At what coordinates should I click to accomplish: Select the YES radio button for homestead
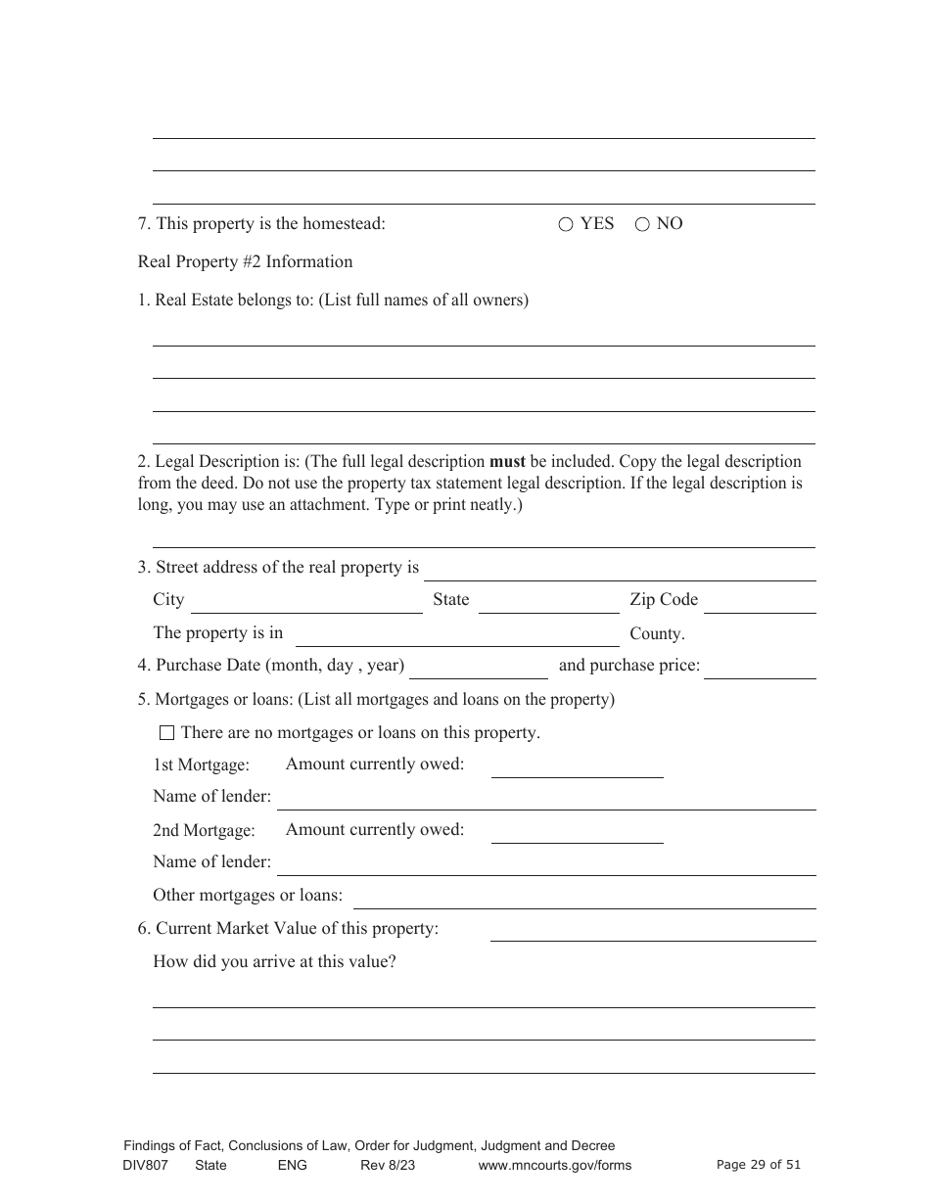[x=566, y=224]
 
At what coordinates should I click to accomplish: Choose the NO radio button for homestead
[x=642, y=224]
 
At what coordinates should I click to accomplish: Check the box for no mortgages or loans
[x=166, y=733]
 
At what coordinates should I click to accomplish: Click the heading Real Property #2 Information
[x=245, y=261]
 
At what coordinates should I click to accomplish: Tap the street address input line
[x=619, y=571]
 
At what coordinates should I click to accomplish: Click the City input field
[x=305, y=603]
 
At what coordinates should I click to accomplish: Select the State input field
[x=548, y=603]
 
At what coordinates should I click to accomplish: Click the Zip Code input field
[x=759, y=603]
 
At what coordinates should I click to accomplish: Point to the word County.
[x=656, y=633]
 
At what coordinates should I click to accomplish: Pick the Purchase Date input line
[x=479, y=669]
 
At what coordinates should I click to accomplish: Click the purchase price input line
[x=760, y=669]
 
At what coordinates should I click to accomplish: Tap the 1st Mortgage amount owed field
[x=577, y=767]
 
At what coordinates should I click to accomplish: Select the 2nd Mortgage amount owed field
[x=577, y=833]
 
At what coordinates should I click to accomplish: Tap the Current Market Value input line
[x=652, y=931]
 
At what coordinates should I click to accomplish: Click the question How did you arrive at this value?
[x=274, y=961]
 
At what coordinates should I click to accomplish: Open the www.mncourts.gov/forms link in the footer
[x=554, y=1165]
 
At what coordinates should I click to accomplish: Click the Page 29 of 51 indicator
[x=758, y=1165]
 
